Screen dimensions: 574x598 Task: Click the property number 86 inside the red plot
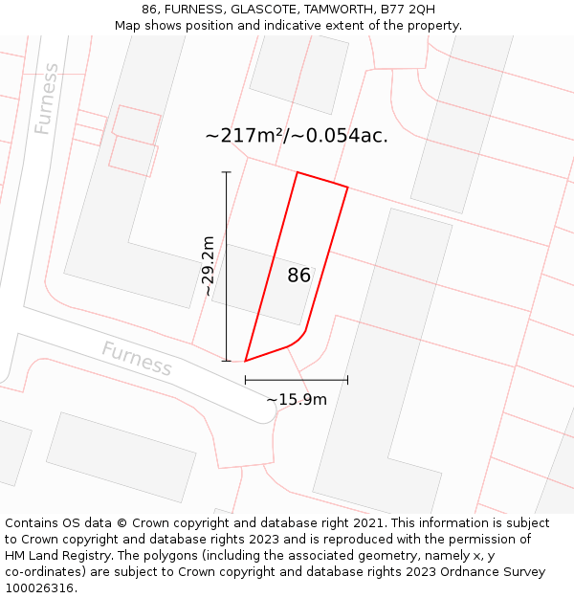[298, 276]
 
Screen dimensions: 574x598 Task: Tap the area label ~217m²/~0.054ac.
[297, 136]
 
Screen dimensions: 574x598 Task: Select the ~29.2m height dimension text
[208, 267]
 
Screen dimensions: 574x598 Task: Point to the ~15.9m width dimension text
[297, 399]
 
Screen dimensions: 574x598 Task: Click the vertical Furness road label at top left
[46, 99]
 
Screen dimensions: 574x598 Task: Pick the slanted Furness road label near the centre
[137, 359]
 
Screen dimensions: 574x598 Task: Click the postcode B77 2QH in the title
[408, 10]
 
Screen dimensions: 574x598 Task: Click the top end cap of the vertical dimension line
[227, 172]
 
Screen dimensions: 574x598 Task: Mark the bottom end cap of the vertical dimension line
[227, 361]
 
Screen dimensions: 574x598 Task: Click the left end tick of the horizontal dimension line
[246, 380]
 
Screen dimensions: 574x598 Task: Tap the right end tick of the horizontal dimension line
[347, 380]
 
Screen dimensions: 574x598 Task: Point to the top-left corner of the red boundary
[298, 173]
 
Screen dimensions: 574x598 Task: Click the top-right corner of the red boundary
[347, 188]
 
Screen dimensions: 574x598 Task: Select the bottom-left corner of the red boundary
[246, 361]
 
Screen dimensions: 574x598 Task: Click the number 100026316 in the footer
[39, 588]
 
